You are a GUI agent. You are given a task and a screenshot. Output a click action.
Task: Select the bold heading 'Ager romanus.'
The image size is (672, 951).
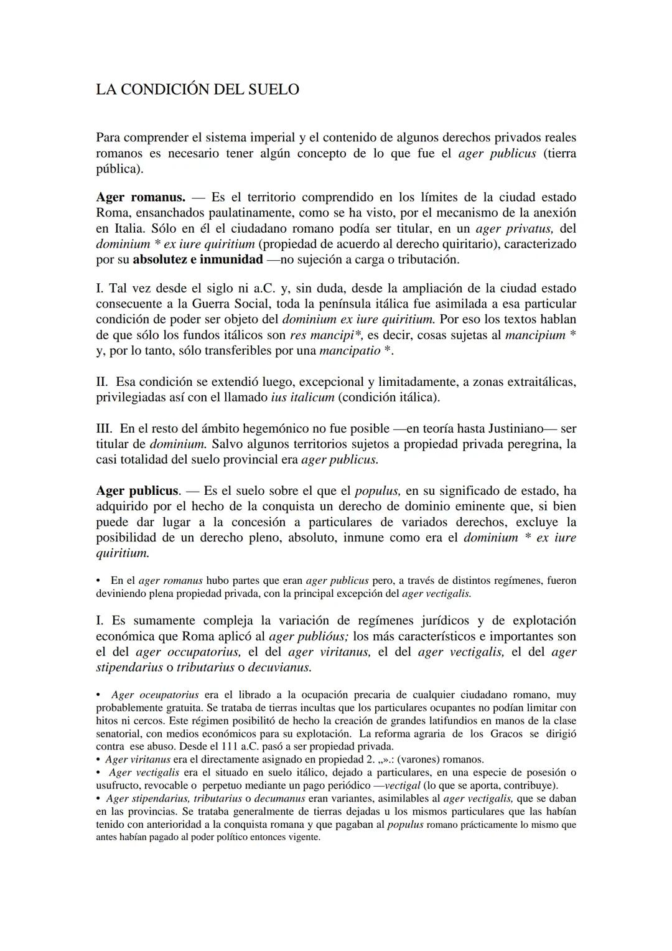(141, 197)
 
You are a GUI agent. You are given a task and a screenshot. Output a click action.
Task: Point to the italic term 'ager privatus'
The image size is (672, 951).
(515, 228)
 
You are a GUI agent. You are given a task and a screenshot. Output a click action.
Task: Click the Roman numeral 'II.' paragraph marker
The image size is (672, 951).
(103, 382)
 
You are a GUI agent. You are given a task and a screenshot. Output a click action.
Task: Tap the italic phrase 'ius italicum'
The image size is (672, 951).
(302, 398)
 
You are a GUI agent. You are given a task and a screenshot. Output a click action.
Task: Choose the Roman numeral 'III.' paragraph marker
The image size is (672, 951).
(105, 429)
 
